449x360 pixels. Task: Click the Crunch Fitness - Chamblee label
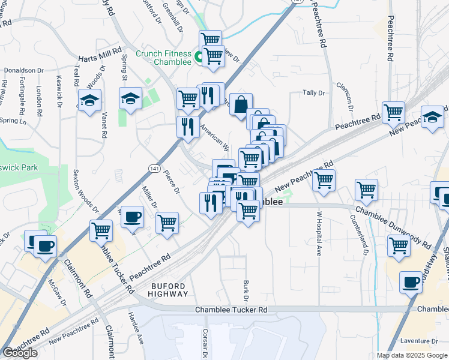[x=163, y=58]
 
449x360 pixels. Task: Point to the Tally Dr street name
[x=313, y=93]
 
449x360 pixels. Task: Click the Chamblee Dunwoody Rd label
[x=393, y=227]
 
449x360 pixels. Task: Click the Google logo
[x=20, y=353]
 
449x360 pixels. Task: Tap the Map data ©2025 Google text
[x=412, y=355]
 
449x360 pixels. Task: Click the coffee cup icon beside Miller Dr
[x=133, y=217]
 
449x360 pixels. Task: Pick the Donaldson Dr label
[x=24, y=70]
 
